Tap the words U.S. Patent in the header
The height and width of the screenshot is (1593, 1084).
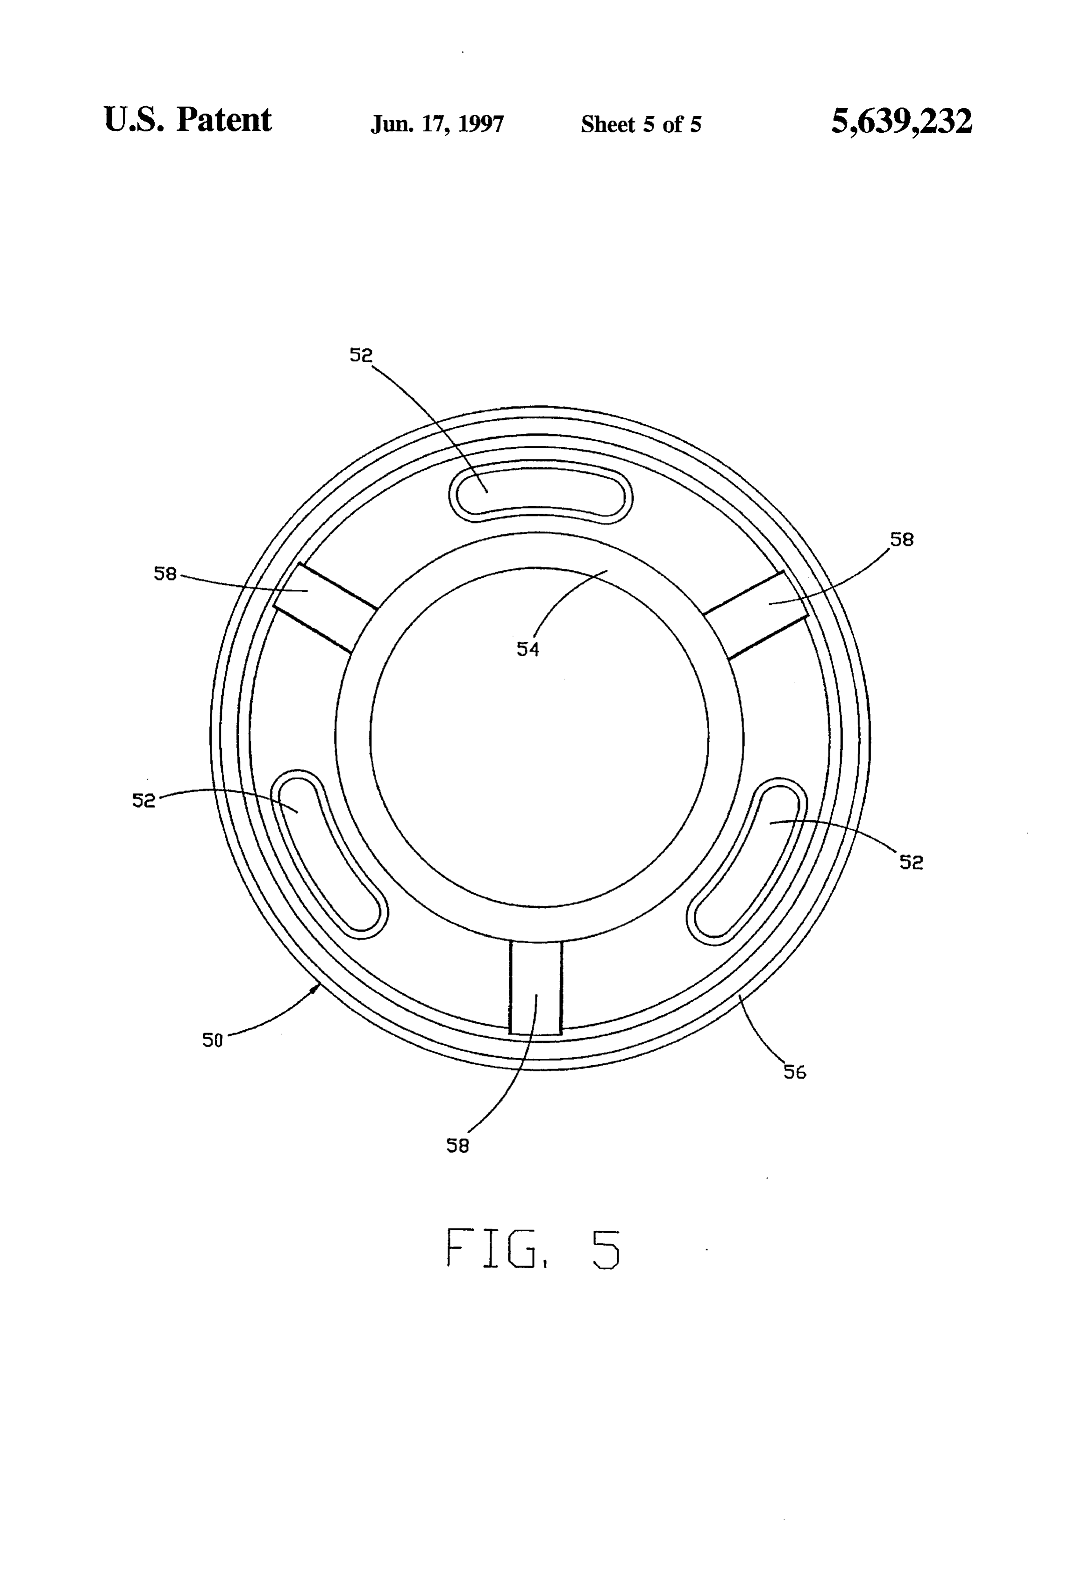[x=188, y=120]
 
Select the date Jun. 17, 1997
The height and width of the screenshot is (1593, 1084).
[x=437, y=124]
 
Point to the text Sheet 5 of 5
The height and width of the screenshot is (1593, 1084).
[x=641, y=124]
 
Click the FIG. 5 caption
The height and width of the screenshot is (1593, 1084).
[x=534, y=1249]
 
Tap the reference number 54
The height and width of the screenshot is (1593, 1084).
[x=528, y=649]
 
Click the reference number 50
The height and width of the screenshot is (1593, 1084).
[x=213, y=1040]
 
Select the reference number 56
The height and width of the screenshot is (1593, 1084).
[x=795, y=1072]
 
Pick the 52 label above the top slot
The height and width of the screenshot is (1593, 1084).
[x=361, y=355]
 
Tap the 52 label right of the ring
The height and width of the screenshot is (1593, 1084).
[x=911, y=862]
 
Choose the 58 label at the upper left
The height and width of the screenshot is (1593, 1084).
[x=165, y=574]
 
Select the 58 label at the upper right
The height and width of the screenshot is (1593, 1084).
[x=902, y=539]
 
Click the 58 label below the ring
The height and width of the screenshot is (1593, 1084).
[x=458, y=1145]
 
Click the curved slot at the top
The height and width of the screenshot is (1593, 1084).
[x=541, y=495]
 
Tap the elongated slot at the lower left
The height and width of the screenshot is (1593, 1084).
[x=328, y=854]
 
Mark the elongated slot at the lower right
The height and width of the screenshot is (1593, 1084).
[x=749, y=858]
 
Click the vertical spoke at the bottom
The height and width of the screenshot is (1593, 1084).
[x=536, y=987]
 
